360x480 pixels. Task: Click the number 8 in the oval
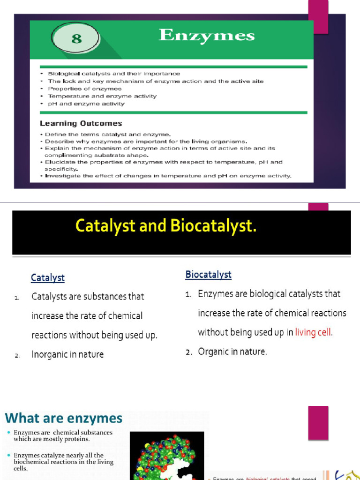pyautogui.click(x=76, y=38)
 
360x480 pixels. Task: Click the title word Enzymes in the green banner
pyautogui.click(x=206, y=36)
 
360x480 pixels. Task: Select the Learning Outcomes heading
pyautogui.click(x=81, y=124)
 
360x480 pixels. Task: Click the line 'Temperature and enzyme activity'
pyautogui.click(x=102, y=96)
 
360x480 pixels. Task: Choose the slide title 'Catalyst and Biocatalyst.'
pyautogui.click(x=166, y=226)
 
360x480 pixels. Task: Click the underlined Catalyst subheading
pyautogui.click(x=48, y=278)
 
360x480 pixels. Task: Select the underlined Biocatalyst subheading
pyautogui.click(x=208, y=275)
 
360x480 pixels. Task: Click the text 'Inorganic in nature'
pyautogui.click(x=67, y=354)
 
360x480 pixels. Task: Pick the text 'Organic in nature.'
pyautogui.click(x=232, y=352)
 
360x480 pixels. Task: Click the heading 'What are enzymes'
pyautogui.click(x=64, y=418)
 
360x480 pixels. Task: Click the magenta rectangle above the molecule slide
pyautogui.click(x=318, y=423)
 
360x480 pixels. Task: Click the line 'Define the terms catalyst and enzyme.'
pyautogui.click(x=108, y=135)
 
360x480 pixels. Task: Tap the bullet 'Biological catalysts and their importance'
pyautogui.click(x=113, y=74)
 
